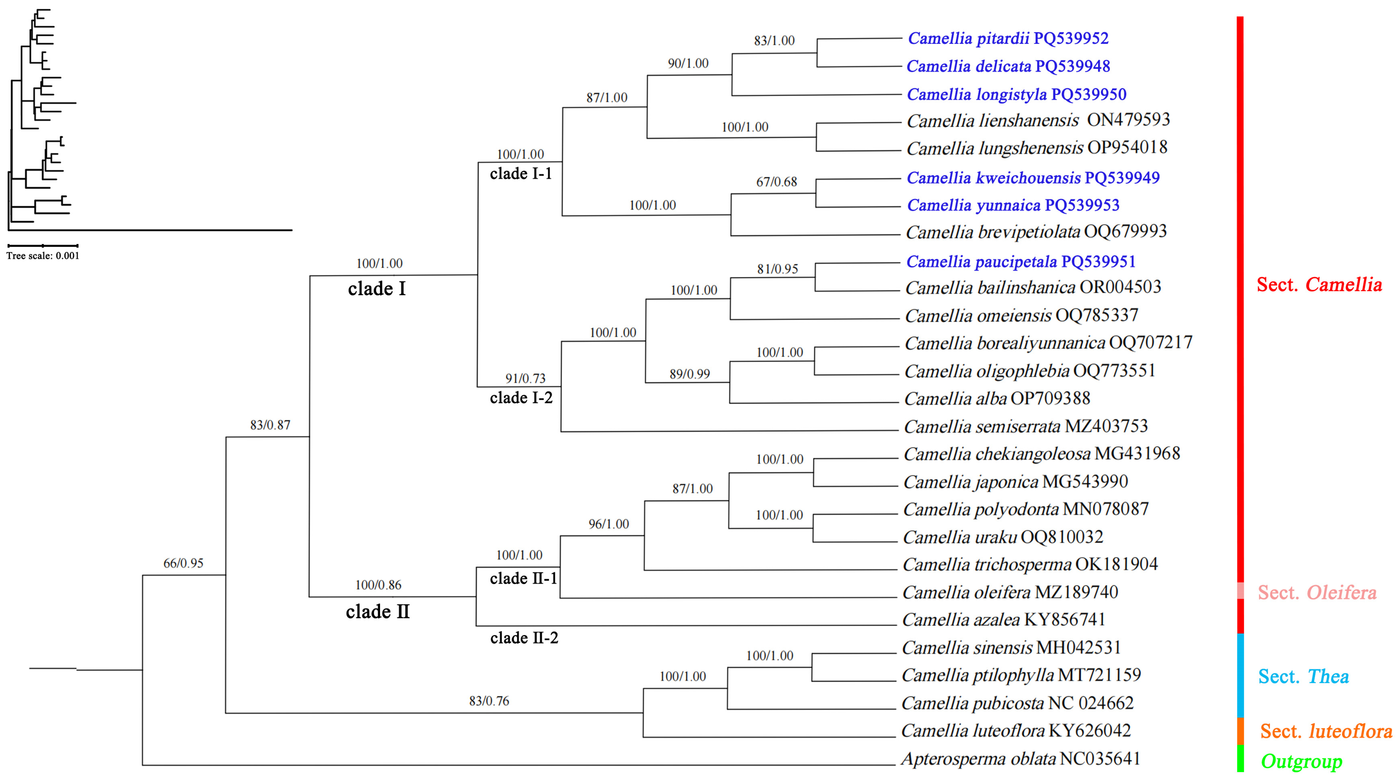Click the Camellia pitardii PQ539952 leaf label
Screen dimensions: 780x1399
(x=1008, y=39)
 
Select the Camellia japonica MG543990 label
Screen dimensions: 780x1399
(x=1015, y=482)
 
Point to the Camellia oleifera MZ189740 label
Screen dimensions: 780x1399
(x=1010, y=592)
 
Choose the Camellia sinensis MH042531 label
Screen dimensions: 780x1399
(x=1011, y=648)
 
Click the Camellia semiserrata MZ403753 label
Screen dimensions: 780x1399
(x=1025, y=426)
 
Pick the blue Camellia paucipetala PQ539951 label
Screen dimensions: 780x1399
(x=1021, y=262)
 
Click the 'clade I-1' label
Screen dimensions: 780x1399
(x=521, y=174)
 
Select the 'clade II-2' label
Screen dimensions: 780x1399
(x=524, y=638)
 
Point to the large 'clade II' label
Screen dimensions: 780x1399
(x=377, y=612)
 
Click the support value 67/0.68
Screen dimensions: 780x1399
(x=777, y=182)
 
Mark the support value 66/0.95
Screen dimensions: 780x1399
(x=183, y=563)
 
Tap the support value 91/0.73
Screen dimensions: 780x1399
(x=525, y=378)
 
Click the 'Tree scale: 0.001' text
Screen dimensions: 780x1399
(x=43, y=256)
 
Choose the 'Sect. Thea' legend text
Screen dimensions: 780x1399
(x=1303, y=677)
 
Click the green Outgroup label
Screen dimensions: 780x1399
(x=1301, y=762)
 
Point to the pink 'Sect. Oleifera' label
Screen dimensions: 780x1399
(x=1317, y=593)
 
